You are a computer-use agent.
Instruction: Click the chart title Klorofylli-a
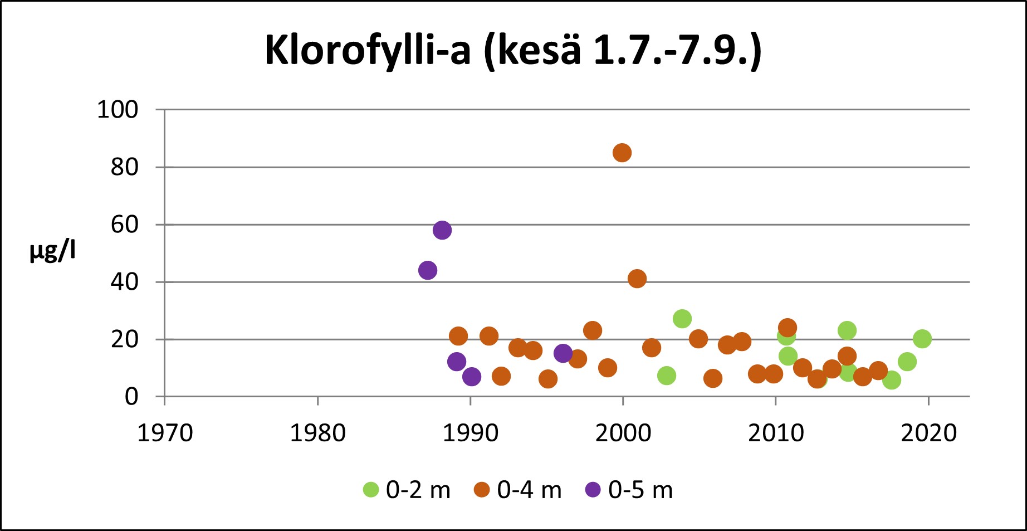click(512, 51)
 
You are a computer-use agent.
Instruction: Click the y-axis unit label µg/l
click(53, 251)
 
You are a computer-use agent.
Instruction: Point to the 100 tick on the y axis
click(118, 110)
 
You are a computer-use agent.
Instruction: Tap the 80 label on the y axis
click(124, 167)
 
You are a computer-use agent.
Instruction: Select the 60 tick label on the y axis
click(124, 225)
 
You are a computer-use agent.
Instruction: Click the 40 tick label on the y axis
click(124, 282)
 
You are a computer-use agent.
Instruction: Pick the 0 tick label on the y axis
click(131, 397)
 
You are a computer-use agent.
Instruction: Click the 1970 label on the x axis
click(165, 433)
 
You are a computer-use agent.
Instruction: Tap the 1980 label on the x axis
click(317, 433)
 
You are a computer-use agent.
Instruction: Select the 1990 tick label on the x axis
click(471, 433)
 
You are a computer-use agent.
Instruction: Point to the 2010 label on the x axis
click(776, 433)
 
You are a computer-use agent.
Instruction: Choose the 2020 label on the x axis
click(928, 433)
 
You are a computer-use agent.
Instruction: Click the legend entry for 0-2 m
click(407, 490)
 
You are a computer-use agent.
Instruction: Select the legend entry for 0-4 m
click(518, 490)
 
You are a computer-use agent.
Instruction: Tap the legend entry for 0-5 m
click(629, 490)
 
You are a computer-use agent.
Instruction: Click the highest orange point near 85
click(622, 153)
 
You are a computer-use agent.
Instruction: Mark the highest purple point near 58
click(442, 230)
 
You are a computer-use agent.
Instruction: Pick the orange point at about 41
click(637, 279)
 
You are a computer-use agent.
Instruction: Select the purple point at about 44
click(427, 270)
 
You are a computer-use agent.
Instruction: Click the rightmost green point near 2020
click(922, 339)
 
